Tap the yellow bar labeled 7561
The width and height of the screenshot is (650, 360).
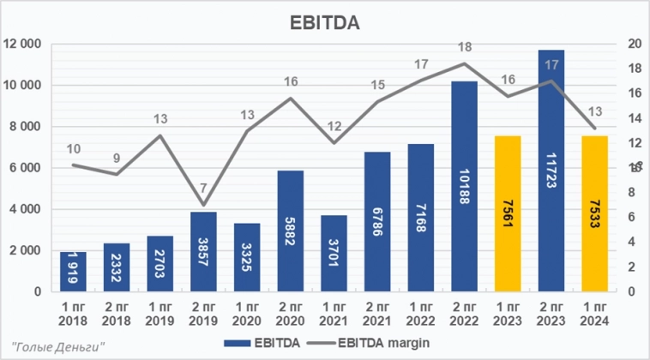click(x=507, y=213)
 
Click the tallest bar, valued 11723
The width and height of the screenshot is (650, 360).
click(x=551, y=171)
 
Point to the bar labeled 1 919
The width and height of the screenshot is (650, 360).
click(x=73, y=272)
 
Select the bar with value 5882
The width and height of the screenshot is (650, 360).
click(x=290, y=231)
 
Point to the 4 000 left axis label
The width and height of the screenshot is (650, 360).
click(x=26, y=209)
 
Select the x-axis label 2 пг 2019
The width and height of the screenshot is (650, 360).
click(x=203, y=311)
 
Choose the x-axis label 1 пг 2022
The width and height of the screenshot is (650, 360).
click(x=420, y=311)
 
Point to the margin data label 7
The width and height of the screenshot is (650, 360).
click(x=203, y=189)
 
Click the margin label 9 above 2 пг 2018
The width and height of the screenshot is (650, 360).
click(x=116, y=158)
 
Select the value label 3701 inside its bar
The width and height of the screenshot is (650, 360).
click(x=334, y=253)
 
